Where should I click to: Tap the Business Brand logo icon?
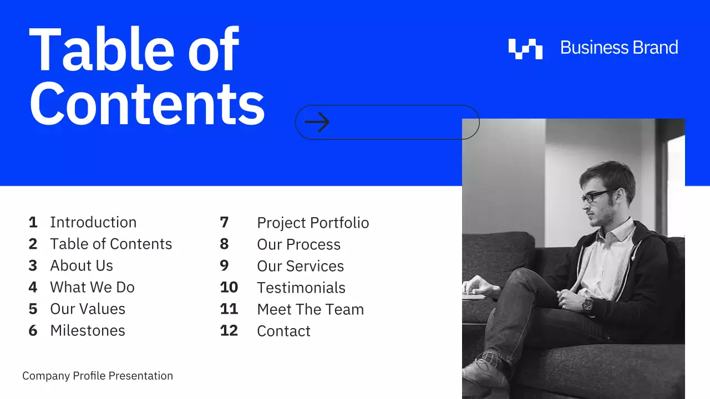click(x=525, y=49)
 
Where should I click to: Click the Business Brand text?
click(x=619, y=48)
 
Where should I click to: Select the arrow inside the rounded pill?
click(x=317, y=122)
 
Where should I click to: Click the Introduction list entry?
click(x=93, y=222)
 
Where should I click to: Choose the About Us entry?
click(x=82, y=265)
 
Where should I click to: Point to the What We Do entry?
click(x=92, y=287)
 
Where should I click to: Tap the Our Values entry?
click(x=88, y=309)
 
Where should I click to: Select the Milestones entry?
click(x=88, y=330)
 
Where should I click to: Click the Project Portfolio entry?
click(x=313, y=223)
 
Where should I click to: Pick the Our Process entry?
click(x=298, y=244)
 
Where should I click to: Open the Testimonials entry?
click(x=301, y=288)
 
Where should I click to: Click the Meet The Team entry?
click(x=310, y=309)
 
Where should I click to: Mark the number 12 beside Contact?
click(x=229, y=330)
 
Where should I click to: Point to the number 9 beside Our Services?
click(x=224, y=265)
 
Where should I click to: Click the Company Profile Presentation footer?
click(x=98, y=376)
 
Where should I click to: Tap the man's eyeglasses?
click(x=597, y=196)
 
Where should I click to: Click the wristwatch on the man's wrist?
click(x=587, y=304)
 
